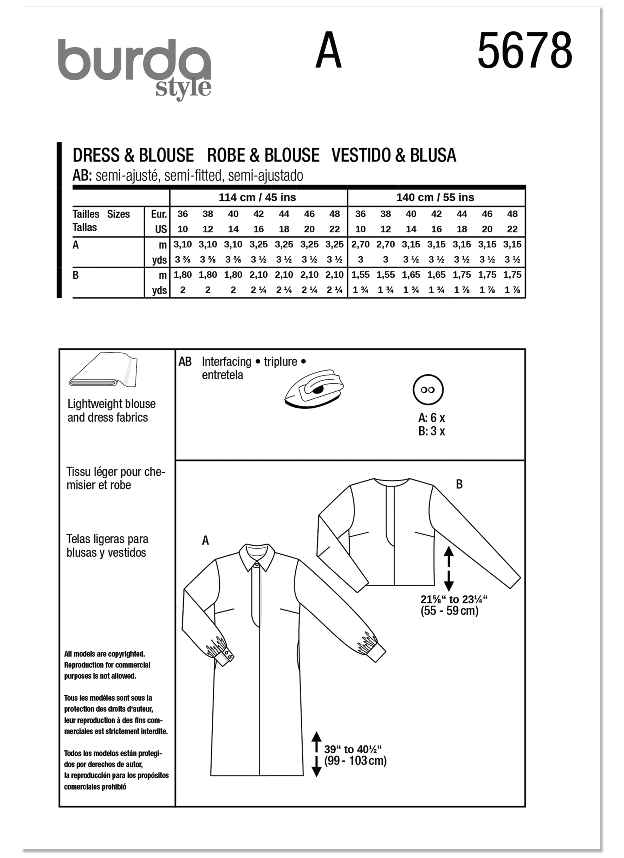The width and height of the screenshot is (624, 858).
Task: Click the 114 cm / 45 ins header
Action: [257, 198]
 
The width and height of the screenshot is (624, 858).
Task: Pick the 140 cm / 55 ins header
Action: [435, 198]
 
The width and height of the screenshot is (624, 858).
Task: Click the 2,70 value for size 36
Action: [360, 244]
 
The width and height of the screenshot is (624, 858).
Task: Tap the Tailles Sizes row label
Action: [101, 214]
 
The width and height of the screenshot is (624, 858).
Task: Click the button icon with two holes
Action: [428, 390]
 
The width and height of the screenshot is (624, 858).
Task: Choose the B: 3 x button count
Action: [431, 431]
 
